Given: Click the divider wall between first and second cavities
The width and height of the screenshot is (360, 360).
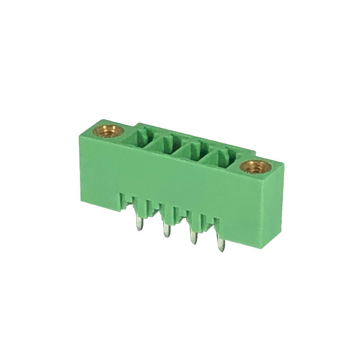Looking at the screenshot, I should click(156, 142).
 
